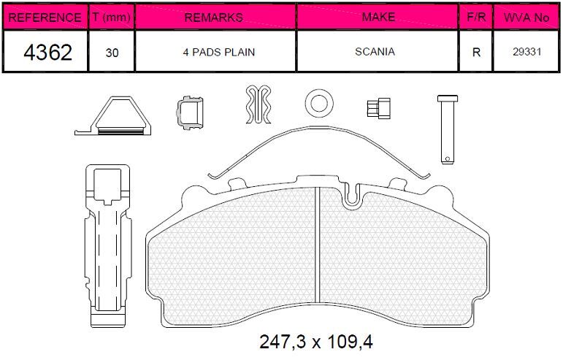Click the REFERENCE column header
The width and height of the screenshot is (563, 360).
(45, 18)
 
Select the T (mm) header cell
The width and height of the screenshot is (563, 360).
(111, 17)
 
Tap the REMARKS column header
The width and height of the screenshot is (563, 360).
(214, 18)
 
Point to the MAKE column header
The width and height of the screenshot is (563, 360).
(378, 17)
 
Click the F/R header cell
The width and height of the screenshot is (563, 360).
(476, 17)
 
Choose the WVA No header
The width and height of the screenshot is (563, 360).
(526, 18)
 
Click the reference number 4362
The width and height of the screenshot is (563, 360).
(47, 53)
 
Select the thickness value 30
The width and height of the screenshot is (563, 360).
(112, 53)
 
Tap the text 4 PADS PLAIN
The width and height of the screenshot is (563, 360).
(218, 52)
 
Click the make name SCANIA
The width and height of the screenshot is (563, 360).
(375, 52)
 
